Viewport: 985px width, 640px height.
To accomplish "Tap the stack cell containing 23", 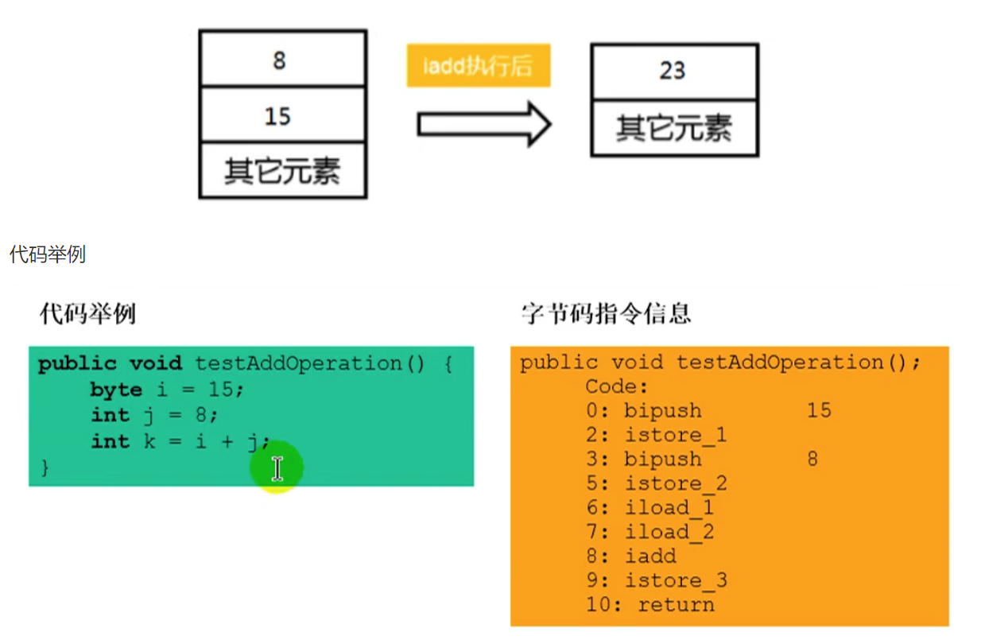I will pos(673,71).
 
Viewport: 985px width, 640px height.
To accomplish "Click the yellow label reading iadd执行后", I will pos(478,66).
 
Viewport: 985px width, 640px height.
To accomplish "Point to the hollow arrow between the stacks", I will pos(483,125).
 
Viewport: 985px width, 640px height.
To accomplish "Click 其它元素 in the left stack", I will pos(281,171).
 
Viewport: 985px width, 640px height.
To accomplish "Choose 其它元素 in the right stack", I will pos(674,128).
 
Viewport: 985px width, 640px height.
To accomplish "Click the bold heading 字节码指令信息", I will pos(606,313).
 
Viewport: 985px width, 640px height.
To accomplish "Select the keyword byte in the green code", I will pos(116,390).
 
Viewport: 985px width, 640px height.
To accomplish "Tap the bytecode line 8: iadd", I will pos(632,556).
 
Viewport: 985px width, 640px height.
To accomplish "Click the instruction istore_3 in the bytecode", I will pos(675,580).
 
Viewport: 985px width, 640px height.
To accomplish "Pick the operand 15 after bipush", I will pos(819,410).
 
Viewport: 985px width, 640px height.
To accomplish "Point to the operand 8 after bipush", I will pos(812,459).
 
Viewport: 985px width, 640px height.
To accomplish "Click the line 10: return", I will pos(650,604).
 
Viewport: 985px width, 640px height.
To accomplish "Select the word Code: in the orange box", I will pos(617,386).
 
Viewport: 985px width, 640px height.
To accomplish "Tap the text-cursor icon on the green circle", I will pos(277,468).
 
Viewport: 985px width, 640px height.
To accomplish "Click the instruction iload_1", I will pos(669,507).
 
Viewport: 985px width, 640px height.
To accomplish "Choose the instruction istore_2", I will pos(675,483).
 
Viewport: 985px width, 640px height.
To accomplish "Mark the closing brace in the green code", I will pos(45,467).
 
